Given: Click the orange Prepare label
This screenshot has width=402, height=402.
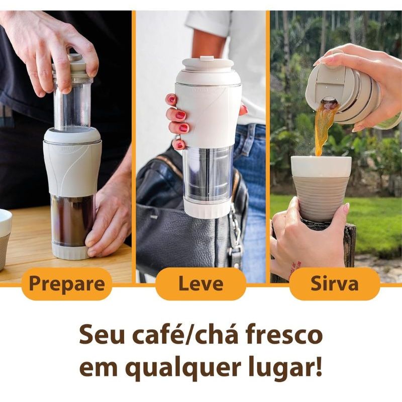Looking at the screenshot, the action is [x=67, y=283].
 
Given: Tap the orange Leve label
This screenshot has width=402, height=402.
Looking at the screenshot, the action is [x=200, y=283].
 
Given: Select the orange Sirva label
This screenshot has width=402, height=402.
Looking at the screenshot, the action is [x=335, y=283].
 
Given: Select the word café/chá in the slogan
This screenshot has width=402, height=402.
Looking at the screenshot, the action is [x=184, y=335].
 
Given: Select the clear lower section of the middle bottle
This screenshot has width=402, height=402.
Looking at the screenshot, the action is [x=207, y=174].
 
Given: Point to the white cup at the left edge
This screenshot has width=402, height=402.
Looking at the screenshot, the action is [x=5, y=238].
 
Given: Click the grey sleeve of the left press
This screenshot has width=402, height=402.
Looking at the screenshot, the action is [x=72, y=167].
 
